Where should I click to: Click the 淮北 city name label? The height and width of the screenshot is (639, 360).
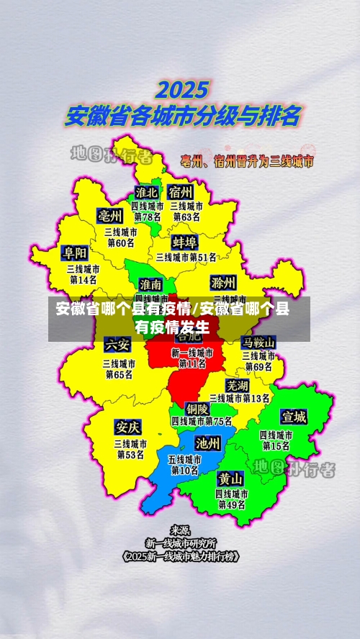pos(147,193)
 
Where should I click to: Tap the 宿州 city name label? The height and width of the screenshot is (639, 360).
pos(181,192)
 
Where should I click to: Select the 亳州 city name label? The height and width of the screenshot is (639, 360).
pos(110,216)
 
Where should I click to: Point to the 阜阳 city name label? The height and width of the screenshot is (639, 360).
pos(76,253)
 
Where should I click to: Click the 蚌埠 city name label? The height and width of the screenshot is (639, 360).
pos(185,241)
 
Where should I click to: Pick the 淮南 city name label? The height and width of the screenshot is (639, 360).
pos(150,284)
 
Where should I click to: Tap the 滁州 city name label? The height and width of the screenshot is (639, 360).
pos(223,281)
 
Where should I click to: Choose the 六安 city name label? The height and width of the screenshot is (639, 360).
pos(117,344)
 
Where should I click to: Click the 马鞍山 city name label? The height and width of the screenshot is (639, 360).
pos(258,341)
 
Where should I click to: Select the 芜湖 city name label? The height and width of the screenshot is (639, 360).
pos(237,385)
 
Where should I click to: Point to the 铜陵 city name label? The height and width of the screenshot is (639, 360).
pos(197,408)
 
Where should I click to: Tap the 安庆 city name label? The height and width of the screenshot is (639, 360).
pos(127,427)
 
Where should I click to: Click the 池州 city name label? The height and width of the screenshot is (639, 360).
pos(208,443)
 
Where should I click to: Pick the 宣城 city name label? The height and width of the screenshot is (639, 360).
pos(294,417)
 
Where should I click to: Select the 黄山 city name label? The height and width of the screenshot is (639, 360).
pos(231,479)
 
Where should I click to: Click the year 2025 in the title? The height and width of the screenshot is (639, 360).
pos(182,91)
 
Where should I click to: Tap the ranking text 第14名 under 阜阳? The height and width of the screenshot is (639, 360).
pos(82,280)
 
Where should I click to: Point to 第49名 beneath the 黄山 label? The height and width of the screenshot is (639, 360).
pos(232,505)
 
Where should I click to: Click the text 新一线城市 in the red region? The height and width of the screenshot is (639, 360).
pos(192,353)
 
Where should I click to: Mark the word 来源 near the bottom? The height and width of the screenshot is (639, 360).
pos(180,530)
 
